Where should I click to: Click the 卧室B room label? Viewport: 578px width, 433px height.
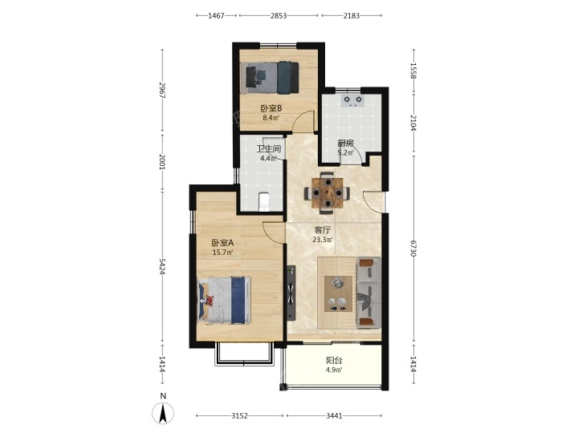[x=271, y=108]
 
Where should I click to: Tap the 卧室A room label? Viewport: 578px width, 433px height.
[x=222, y=243]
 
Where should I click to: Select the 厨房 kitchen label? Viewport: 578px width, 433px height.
[x=346, y=143]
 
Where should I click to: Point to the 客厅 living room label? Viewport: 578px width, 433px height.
[x=322, y=230]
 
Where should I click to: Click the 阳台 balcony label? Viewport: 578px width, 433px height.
[x=334, y=361]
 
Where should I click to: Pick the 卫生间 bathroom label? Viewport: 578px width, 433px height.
[x=269, y=149]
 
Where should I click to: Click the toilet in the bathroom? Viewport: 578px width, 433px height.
[x=263, y=202]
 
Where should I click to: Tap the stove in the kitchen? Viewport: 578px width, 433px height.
[x=352, y=100]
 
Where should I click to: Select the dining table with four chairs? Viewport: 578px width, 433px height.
[x=327, y=193]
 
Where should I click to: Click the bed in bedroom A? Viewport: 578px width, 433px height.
[x=225, y=301]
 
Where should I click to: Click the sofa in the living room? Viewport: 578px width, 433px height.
[x=368, y=293]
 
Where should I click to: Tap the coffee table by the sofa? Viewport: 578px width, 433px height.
[x=338, y=293]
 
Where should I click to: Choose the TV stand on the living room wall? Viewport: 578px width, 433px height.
[x=291, y=293]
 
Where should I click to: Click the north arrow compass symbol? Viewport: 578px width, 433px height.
[x=163, y=413]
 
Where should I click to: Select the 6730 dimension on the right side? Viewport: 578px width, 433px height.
[x=413, y=249]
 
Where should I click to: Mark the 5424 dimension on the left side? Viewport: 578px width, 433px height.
[x=162, y=266]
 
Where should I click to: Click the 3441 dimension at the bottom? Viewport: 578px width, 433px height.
[x=334, y=415]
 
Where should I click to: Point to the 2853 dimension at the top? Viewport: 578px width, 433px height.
[x=279, y=15]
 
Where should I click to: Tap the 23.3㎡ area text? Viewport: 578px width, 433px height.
[x=323, y=240]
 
